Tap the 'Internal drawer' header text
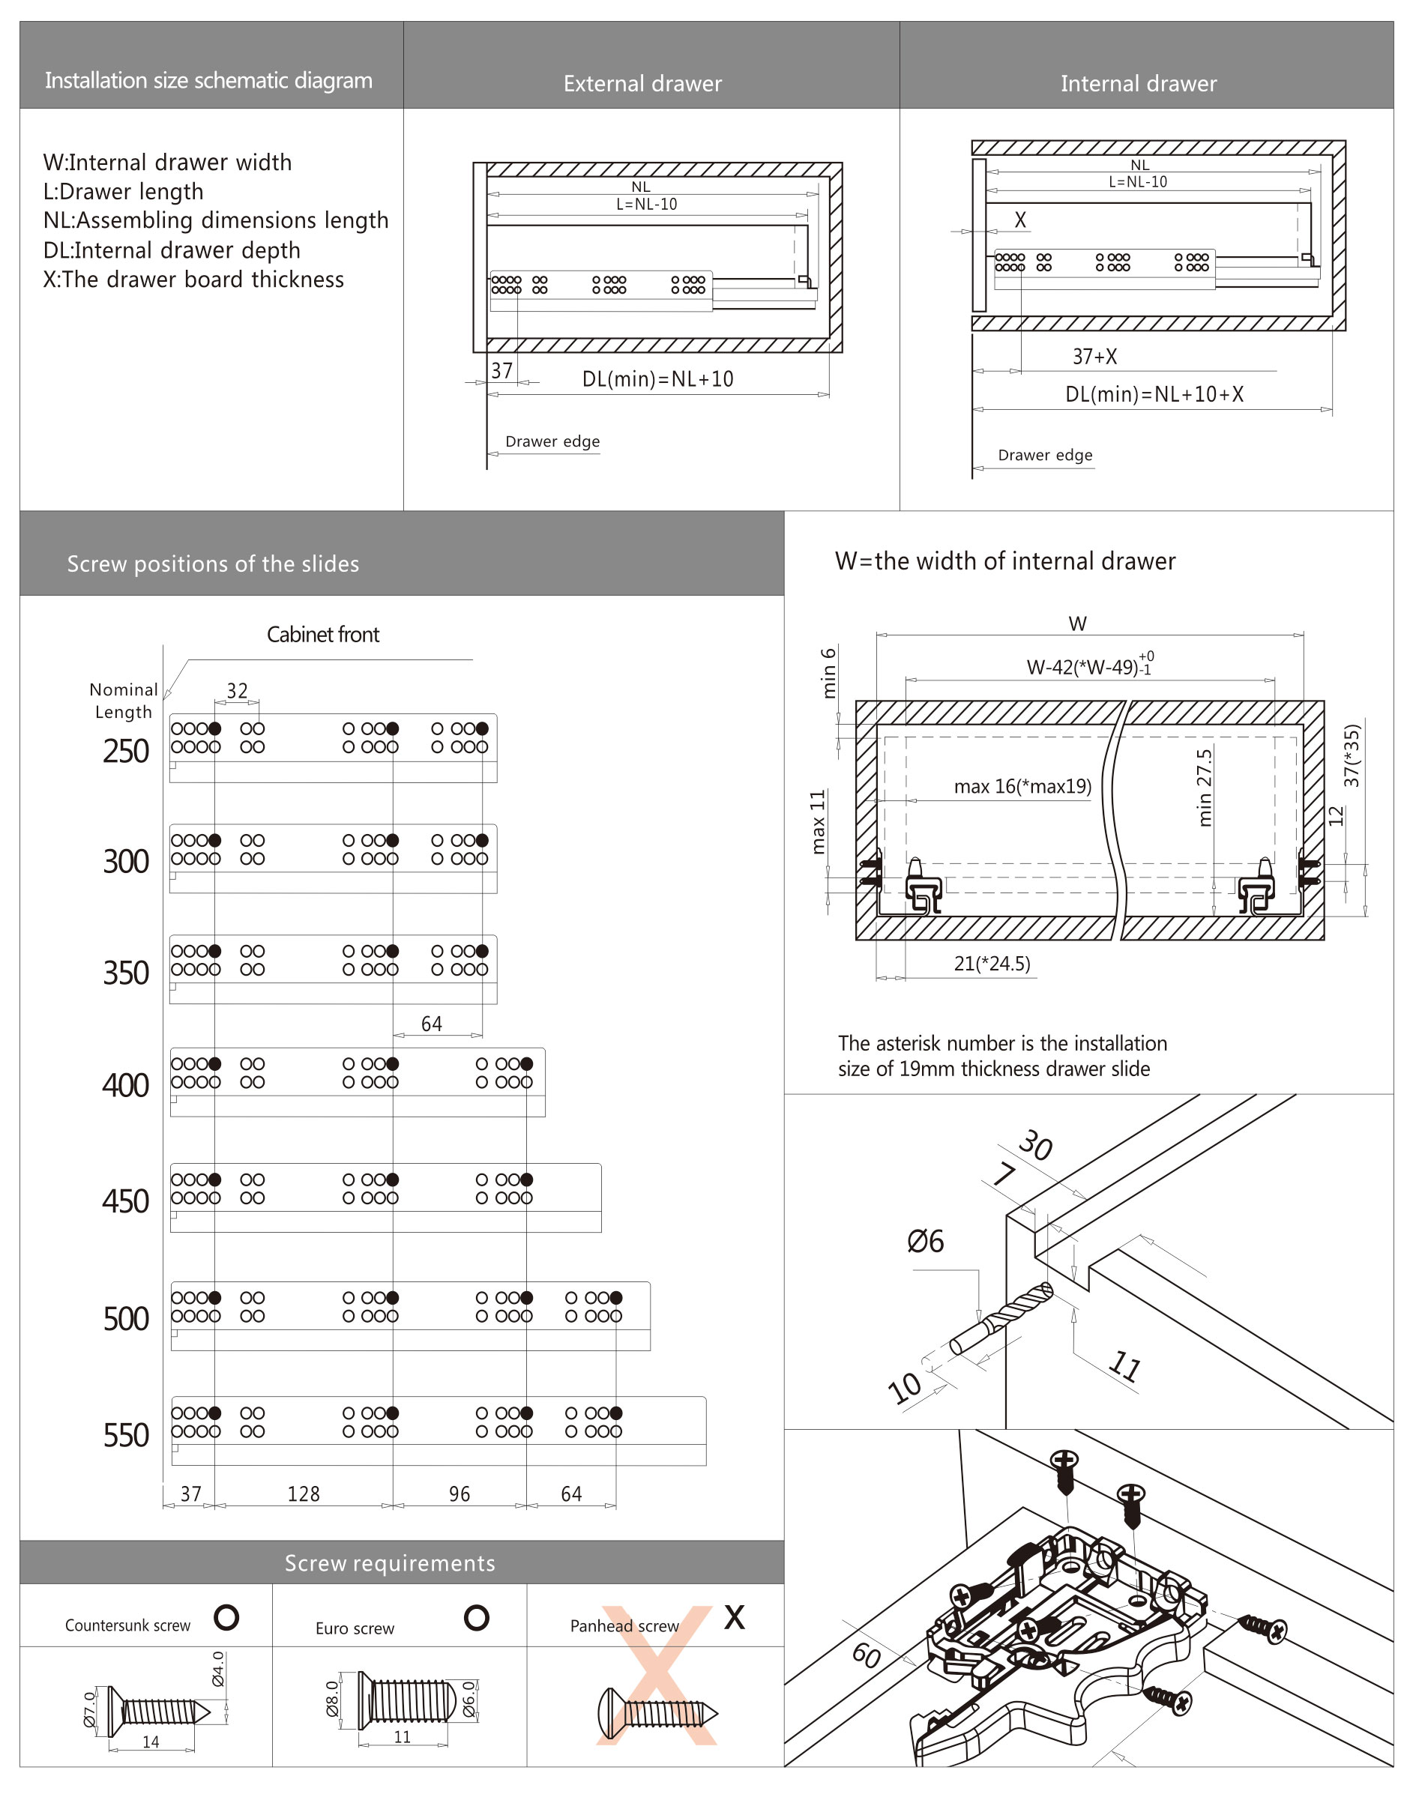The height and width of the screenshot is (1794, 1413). click(x=1139, y=83)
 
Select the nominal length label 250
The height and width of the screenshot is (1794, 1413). click(x=126, y=751)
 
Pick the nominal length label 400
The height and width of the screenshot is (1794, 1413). click(x=126, y=1084)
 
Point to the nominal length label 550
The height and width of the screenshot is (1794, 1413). click(x=126, y=1435)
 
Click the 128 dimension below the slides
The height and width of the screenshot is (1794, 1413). click(x=304, y=1494)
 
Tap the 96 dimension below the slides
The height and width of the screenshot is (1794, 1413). click(x=460, y=1494)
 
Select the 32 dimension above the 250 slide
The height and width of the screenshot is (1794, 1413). click(x=238, y=691)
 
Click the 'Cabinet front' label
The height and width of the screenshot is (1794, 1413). click(x=322, y=635)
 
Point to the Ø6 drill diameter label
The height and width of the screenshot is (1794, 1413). click(x=925, y=1241)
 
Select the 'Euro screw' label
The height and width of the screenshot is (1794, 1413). click(x=355, y=1628)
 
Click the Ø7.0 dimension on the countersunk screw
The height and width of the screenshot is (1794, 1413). click(x=90, y=1708)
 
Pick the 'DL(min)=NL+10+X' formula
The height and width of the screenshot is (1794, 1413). click(x=1154, y=394)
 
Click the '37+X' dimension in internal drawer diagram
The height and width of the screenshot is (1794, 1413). click(x=1094, y=357)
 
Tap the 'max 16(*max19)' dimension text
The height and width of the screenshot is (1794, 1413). click(x=1022, y=786)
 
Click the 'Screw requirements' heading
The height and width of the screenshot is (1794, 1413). click(x=390, y=1562)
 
